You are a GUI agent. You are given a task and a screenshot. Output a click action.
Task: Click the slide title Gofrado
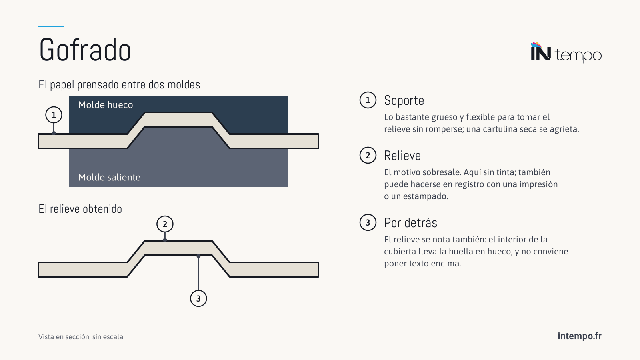85,50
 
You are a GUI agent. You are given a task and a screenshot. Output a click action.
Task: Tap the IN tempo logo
566,52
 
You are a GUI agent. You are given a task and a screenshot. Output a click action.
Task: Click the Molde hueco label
106,105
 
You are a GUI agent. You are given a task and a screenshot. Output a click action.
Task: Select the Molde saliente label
109,178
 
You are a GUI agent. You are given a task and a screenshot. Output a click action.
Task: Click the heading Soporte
404,100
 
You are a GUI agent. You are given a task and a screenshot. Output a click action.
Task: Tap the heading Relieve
402,156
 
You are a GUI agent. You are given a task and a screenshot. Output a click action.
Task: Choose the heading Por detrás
410,223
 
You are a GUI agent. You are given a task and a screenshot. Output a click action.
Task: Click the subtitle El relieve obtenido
80,209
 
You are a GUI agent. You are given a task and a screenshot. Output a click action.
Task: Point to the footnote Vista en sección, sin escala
80,337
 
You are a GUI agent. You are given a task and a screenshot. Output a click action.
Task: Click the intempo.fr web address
580,336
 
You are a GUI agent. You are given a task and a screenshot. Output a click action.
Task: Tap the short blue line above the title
51,26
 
